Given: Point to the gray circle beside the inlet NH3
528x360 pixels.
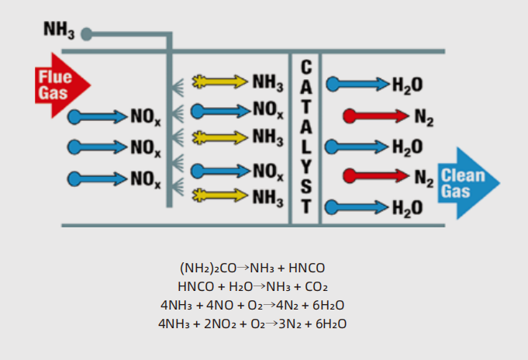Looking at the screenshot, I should [87, 34].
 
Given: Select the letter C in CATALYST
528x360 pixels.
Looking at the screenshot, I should [305, 65].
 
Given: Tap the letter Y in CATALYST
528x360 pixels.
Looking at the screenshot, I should [305, 165].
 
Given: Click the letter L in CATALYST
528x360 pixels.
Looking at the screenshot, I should [305, 146].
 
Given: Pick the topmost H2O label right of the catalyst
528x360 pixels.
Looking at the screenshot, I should [407, 85].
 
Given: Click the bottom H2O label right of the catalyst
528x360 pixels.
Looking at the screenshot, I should [407, 207].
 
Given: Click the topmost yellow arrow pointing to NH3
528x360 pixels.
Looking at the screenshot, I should [219, 81].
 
